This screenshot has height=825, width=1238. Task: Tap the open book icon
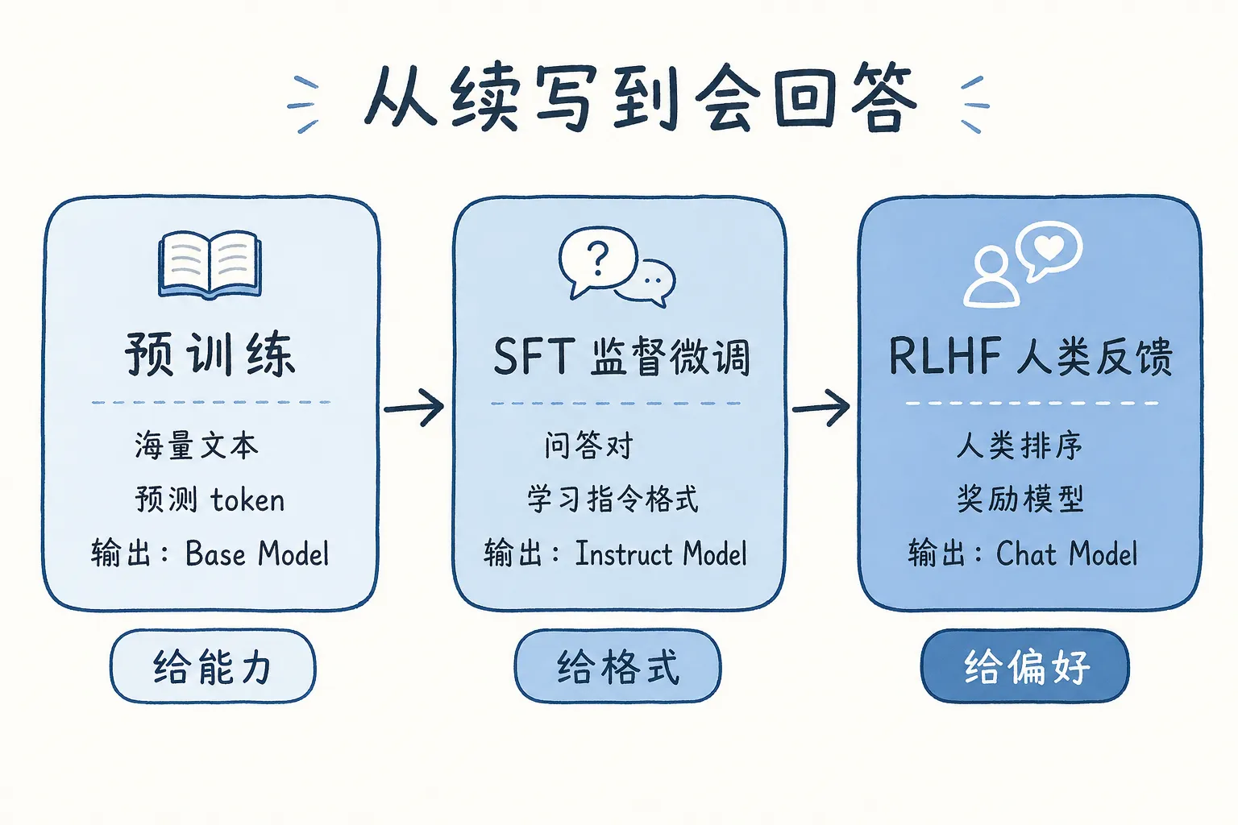point(210,264)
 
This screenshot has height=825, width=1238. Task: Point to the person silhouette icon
point(991,279)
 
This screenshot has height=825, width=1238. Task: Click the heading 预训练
point(210,354)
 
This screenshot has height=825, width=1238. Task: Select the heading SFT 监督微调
point(621,357)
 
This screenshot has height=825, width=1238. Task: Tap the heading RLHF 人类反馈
point(1030,357)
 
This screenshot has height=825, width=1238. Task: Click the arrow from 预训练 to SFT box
point(414,408)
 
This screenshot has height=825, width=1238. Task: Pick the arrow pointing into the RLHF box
point(821,408)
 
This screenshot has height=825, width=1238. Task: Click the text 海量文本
point(197,446)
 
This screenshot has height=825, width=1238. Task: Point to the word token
point(247,500)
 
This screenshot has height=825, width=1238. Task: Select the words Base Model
point(257,554)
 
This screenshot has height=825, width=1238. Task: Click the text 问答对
point(588,446)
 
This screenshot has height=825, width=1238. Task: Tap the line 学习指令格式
point(613,500)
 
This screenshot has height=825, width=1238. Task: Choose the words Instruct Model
point(661,554)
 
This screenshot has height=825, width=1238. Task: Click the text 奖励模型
point(1020,500)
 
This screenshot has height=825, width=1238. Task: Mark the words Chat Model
point(1066,554)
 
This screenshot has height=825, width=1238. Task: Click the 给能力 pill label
point(213,667)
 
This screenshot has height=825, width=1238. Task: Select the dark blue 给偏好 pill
point(1025,667)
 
